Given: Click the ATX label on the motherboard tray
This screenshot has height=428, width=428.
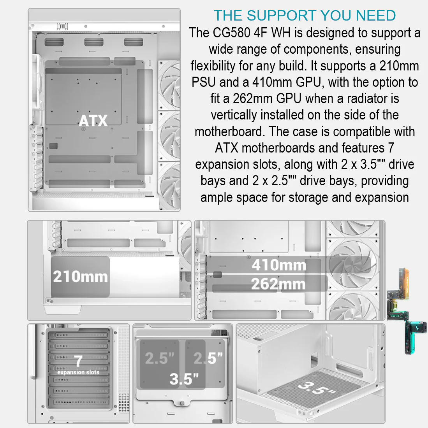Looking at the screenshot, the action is tap(93, 121).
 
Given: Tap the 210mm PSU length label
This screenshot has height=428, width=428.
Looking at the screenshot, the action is tap(81, 277).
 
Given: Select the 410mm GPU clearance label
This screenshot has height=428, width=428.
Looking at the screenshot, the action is tap(279, 265).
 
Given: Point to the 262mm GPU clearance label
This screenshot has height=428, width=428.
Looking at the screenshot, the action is tap(278, 284).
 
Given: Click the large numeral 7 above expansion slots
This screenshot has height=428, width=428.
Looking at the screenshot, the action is tap(78, 361).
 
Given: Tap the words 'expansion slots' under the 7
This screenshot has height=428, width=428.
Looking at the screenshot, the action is tap(78, 372).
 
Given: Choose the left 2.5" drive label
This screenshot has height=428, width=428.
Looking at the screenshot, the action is tap(160, 358).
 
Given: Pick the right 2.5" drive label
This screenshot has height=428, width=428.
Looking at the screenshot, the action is tap(208, 358).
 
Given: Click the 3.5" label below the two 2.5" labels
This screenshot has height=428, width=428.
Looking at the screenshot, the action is tap(184, 379).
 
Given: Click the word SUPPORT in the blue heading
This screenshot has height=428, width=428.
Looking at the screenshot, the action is tap(282, 16).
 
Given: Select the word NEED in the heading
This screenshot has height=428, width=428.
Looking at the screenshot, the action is tap(376, 16).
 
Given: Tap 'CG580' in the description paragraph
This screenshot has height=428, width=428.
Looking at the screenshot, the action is tap(231, 33).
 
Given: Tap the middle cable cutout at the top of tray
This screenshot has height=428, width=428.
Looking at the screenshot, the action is tap(94, 42).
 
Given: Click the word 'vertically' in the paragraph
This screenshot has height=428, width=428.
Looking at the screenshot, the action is tap(234, 115).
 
